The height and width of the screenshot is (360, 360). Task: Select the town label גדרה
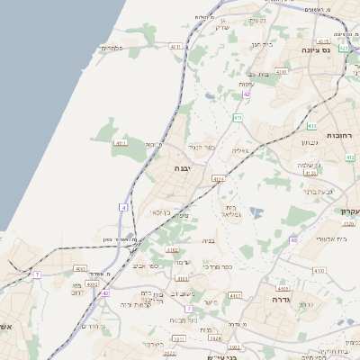271,299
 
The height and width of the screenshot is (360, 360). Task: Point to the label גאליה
239,150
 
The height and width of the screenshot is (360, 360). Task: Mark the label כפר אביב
147,266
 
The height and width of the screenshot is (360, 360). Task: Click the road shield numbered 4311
175,46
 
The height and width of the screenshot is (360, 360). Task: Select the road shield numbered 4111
121,142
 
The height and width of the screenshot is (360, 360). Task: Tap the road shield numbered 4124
218,179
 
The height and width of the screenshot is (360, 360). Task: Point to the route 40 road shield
293,240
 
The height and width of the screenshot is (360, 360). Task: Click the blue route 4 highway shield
122,208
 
